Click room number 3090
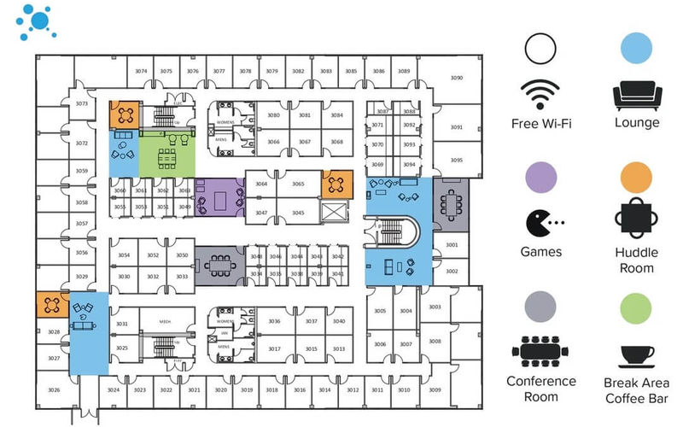click(x=456, y=78)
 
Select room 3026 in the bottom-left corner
click(x=54, y=389)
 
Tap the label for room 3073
click(x=82, y=103)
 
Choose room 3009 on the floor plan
click(x=435, y=389)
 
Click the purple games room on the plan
click(x=219, y=198)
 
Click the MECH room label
click(x=166, y=322)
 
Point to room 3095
click(x=456, y=160)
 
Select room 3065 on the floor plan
click(x=298, y=184)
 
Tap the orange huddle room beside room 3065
click(x=337, y=184)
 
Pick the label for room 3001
click(x=452, y=245)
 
